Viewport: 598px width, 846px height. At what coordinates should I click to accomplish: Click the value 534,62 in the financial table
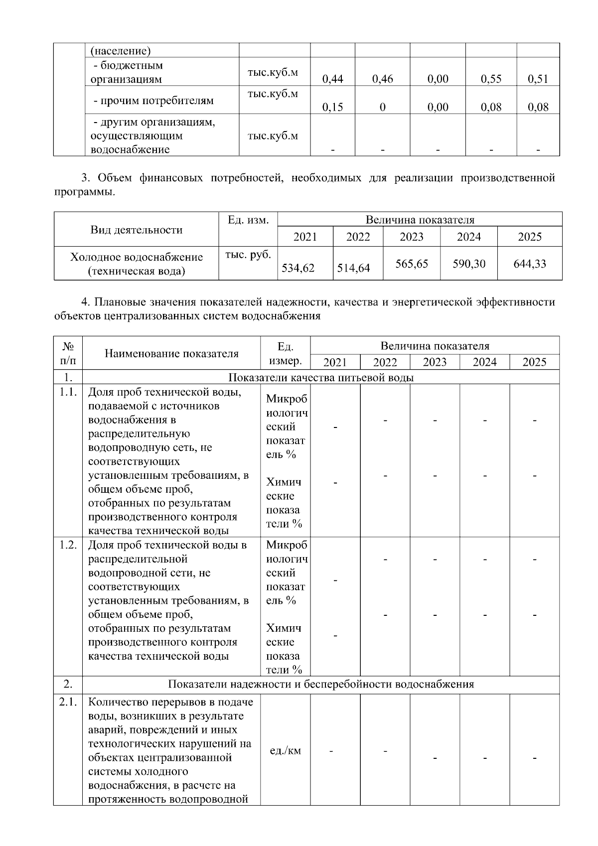[x=298, y=268]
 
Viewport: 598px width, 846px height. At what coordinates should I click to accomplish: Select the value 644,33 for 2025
[x=530, y=264]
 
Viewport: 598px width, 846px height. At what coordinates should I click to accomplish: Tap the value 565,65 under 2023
[x=412, y=264]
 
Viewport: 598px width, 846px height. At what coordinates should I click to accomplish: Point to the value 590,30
[x=469, y=264]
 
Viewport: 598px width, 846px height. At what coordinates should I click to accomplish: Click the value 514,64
[x=353, y=268]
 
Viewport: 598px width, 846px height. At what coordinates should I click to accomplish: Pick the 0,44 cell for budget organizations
[x=332, y=79]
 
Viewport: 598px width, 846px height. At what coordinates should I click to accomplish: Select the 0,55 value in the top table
[x=491, y=79]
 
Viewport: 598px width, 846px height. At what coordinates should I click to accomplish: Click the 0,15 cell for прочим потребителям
[x=332, y=107]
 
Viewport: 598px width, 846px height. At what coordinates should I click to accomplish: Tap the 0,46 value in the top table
[x=382, y=79]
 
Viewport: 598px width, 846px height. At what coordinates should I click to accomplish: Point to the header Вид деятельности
[x=136, y=230]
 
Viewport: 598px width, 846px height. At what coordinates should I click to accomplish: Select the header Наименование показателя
[x=171, y=353]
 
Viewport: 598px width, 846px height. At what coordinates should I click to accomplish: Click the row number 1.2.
[x=68, y=545]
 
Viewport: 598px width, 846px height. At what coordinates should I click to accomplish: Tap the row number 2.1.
[x=68, y=702]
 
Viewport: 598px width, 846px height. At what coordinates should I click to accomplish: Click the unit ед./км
[x=285, y=750]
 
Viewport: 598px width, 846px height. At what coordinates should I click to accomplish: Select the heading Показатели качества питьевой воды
[x=320, y=377]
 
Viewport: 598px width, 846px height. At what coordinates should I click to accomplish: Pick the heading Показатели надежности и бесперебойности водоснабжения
[x=320, y=684]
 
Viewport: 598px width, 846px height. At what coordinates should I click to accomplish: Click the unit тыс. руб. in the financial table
[x=248, y=254]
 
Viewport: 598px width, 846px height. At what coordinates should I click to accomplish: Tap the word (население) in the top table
[x=121, y=51]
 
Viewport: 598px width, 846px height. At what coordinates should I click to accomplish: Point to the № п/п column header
[x=68, y=353]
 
